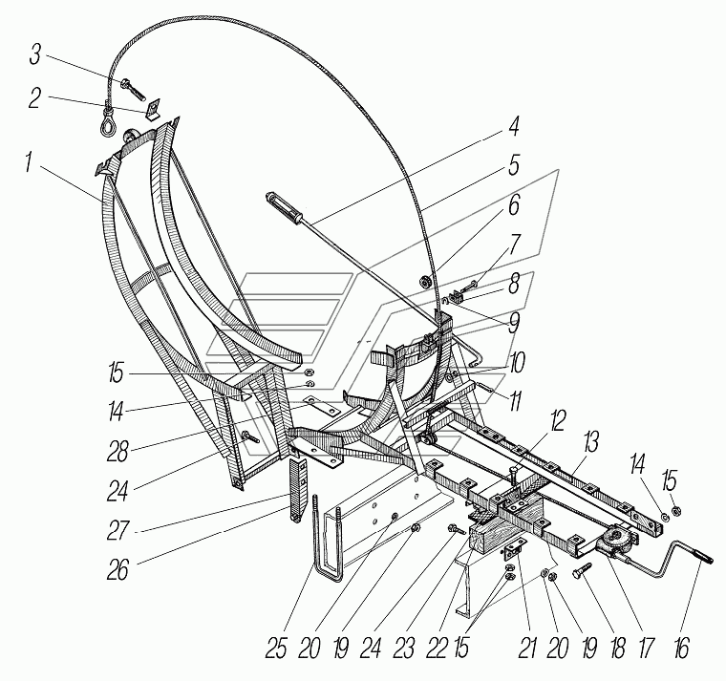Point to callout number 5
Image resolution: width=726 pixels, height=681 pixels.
(x=513, y=164)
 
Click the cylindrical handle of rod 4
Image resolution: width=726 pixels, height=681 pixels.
(x=282, y=205)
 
